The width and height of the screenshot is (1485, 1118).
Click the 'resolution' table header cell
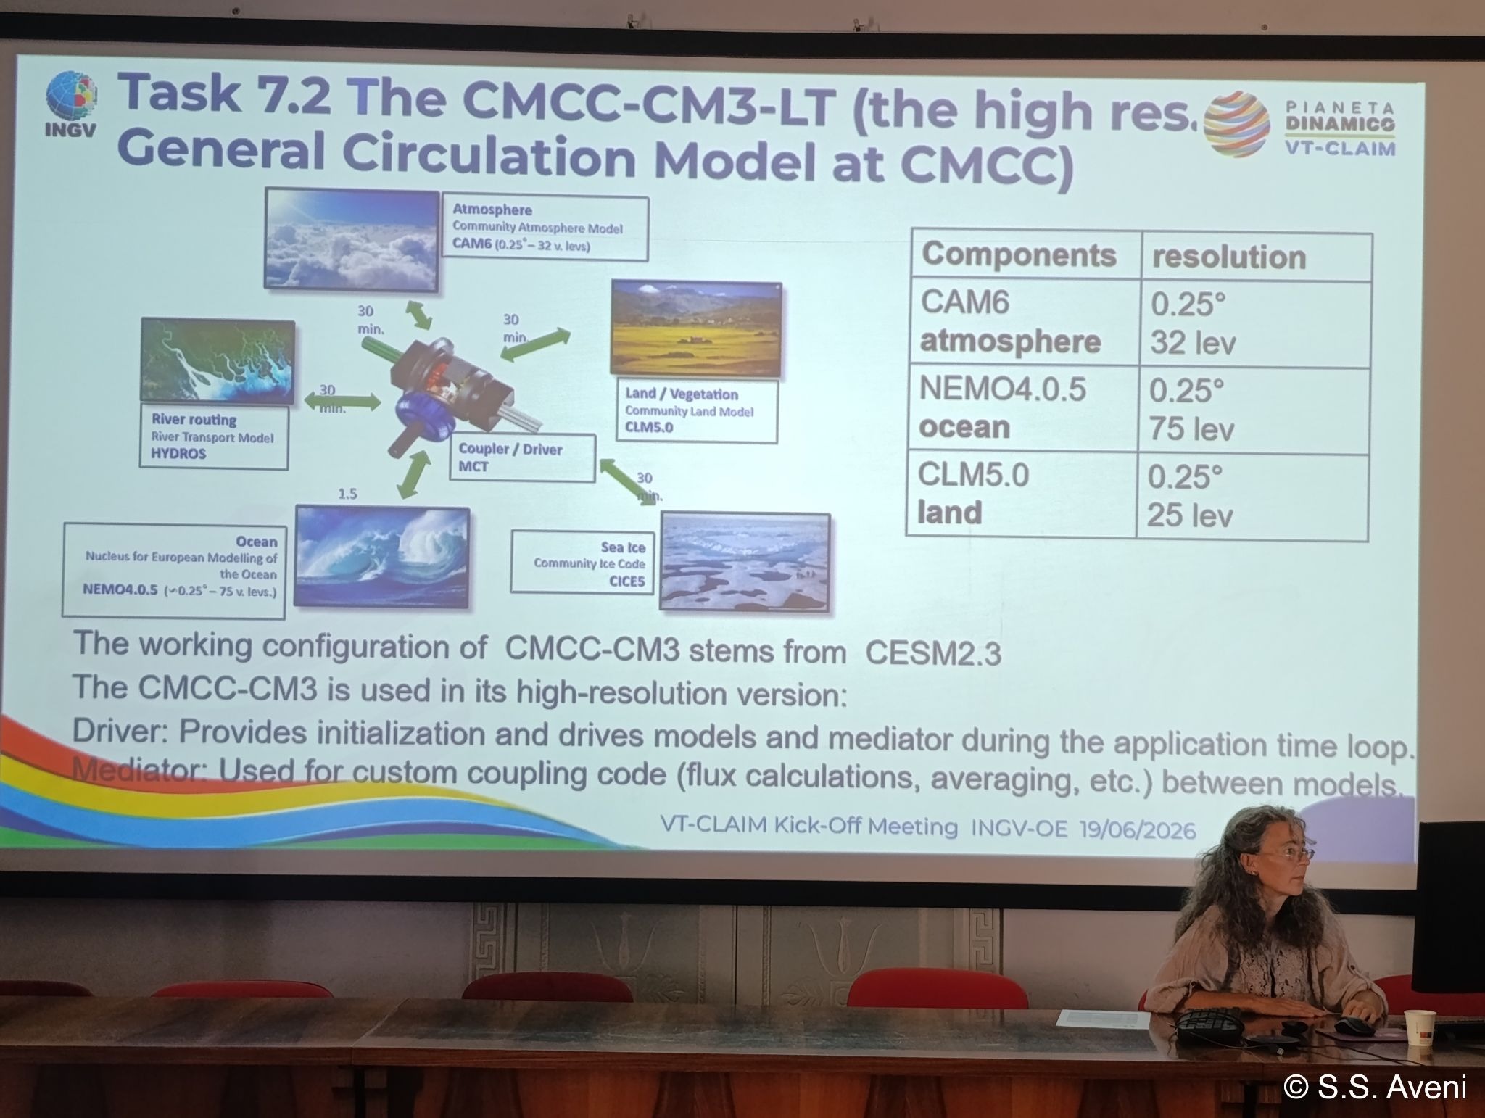coord(1256,257)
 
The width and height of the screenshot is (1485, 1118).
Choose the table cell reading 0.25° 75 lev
coord(1252,410)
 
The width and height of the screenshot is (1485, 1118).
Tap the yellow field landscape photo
coord(696,330)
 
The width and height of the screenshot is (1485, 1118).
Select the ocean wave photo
coord(382,556)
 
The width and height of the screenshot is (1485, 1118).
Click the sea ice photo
coord(745,561)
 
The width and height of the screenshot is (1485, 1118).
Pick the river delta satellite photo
coord(218,361)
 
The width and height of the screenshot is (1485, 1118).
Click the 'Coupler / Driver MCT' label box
coord(522,457)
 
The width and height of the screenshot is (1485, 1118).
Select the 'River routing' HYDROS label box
coord(214,437)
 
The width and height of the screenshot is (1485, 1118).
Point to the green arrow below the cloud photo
coord(417,315)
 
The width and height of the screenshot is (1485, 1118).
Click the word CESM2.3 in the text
coord(933,653)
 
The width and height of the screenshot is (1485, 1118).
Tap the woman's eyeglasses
coord(1293,854)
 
